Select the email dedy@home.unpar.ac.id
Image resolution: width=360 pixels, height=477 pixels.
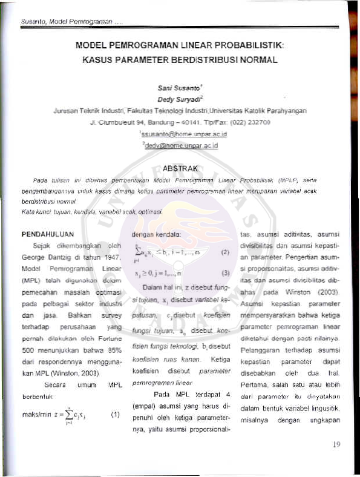[x=180, y=145]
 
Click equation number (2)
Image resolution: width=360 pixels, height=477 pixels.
[x=222, y=251]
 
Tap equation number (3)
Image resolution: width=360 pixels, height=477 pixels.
[x=222, y=272]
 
